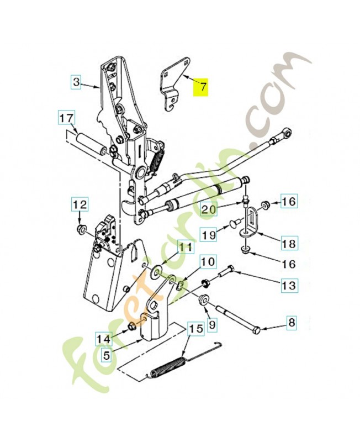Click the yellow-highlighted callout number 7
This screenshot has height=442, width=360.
200,87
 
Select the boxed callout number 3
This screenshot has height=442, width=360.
76,82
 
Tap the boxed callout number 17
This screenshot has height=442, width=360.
67,118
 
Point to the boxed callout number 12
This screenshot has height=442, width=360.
80,204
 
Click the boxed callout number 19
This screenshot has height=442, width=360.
209,234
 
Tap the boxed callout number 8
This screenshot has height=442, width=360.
292,322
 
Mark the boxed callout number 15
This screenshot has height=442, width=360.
196,329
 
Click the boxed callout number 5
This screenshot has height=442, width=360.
106,355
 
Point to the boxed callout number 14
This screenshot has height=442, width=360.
104,339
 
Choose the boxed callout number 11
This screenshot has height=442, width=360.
186,248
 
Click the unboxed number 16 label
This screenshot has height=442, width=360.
288,264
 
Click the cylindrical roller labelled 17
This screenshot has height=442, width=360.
91,144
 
